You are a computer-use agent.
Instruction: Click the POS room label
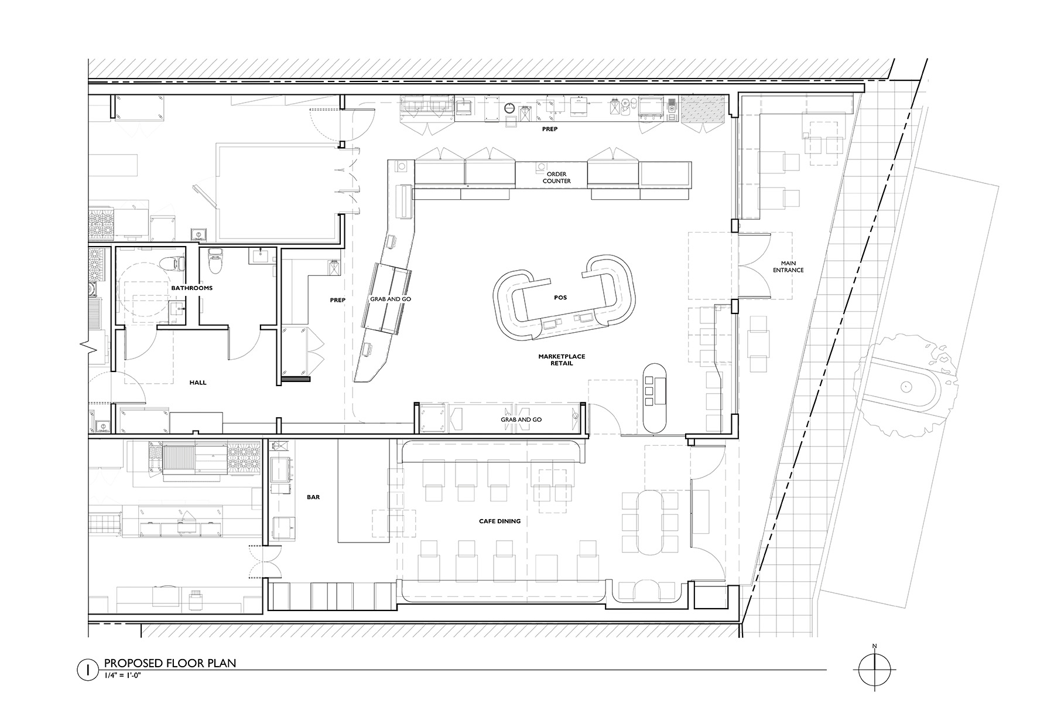coord(561,298)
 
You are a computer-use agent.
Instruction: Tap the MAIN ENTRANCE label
coord(788,267)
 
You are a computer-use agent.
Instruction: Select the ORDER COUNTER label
coord(556,178)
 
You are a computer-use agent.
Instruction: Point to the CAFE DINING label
coord(499,521)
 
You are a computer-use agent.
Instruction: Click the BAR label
coord(313,497)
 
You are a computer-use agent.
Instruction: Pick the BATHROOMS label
coord(191,288)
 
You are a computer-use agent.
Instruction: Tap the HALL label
coord(198,383)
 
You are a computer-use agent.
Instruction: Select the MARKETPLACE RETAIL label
coord(562,360)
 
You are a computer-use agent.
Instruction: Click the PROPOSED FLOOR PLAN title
coord(170,663)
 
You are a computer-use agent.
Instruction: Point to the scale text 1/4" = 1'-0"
coord(124,675)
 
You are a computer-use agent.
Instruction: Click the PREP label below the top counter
coord(549,129)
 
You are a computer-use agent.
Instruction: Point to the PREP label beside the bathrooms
coord(337,300)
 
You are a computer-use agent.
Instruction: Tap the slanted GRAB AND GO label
coord(391,299)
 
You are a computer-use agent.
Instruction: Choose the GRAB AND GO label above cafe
coord(521,419)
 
